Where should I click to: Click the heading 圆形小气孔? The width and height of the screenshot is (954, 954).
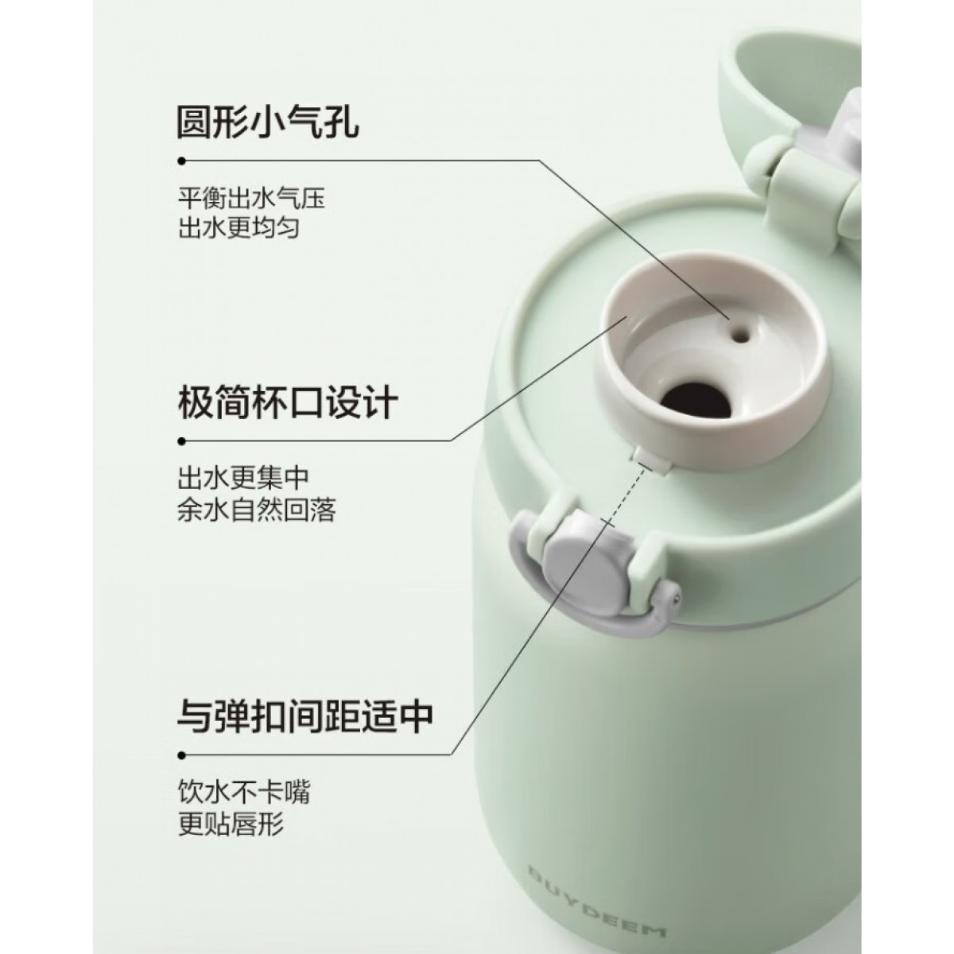point(268,122)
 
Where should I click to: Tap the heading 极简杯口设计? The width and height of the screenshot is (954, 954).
point(288,402)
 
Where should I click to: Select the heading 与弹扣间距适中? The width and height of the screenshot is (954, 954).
point(305,715)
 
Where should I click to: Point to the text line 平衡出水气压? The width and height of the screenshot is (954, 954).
point(251,199)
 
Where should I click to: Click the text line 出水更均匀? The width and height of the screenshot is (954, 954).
point(239,228)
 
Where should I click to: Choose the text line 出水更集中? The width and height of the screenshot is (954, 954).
point(243,478)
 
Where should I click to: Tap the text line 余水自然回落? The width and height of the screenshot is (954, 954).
point(257,510)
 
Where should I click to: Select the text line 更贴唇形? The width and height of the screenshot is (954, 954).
point(231,824)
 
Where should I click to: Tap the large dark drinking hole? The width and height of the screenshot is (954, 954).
point(698,398)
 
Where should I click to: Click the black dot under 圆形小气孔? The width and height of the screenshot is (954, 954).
point(182,161)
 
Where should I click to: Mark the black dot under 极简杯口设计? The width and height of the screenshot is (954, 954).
point(182,440)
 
